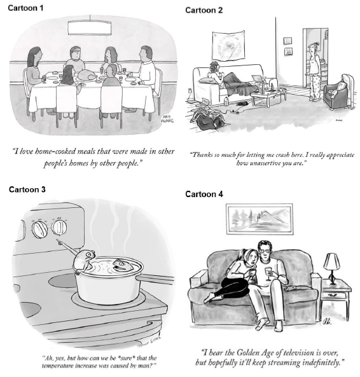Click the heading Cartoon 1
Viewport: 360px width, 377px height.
click(x=25, y=8)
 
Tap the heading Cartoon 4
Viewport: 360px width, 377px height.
click(x=204, y=194)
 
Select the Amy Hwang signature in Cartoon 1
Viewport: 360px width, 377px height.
click(x=167, y=119)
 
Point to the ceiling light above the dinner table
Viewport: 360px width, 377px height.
click(x=90, y=28)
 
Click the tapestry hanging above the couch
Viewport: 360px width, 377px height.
click(x=228, y=45)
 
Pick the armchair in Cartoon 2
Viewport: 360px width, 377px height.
click(x=339, y=92)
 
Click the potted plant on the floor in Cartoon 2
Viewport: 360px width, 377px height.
click(x=207, y=117)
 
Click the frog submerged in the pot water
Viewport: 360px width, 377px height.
click(x=122, y=265)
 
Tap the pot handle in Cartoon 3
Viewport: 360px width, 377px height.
click(x=155, y=280)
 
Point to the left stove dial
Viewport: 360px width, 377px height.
click(x=39, y=230)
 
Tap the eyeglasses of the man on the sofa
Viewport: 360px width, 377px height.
click(x=265, y=251)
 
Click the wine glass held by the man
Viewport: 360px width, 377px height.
click(x=268, y=273)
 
